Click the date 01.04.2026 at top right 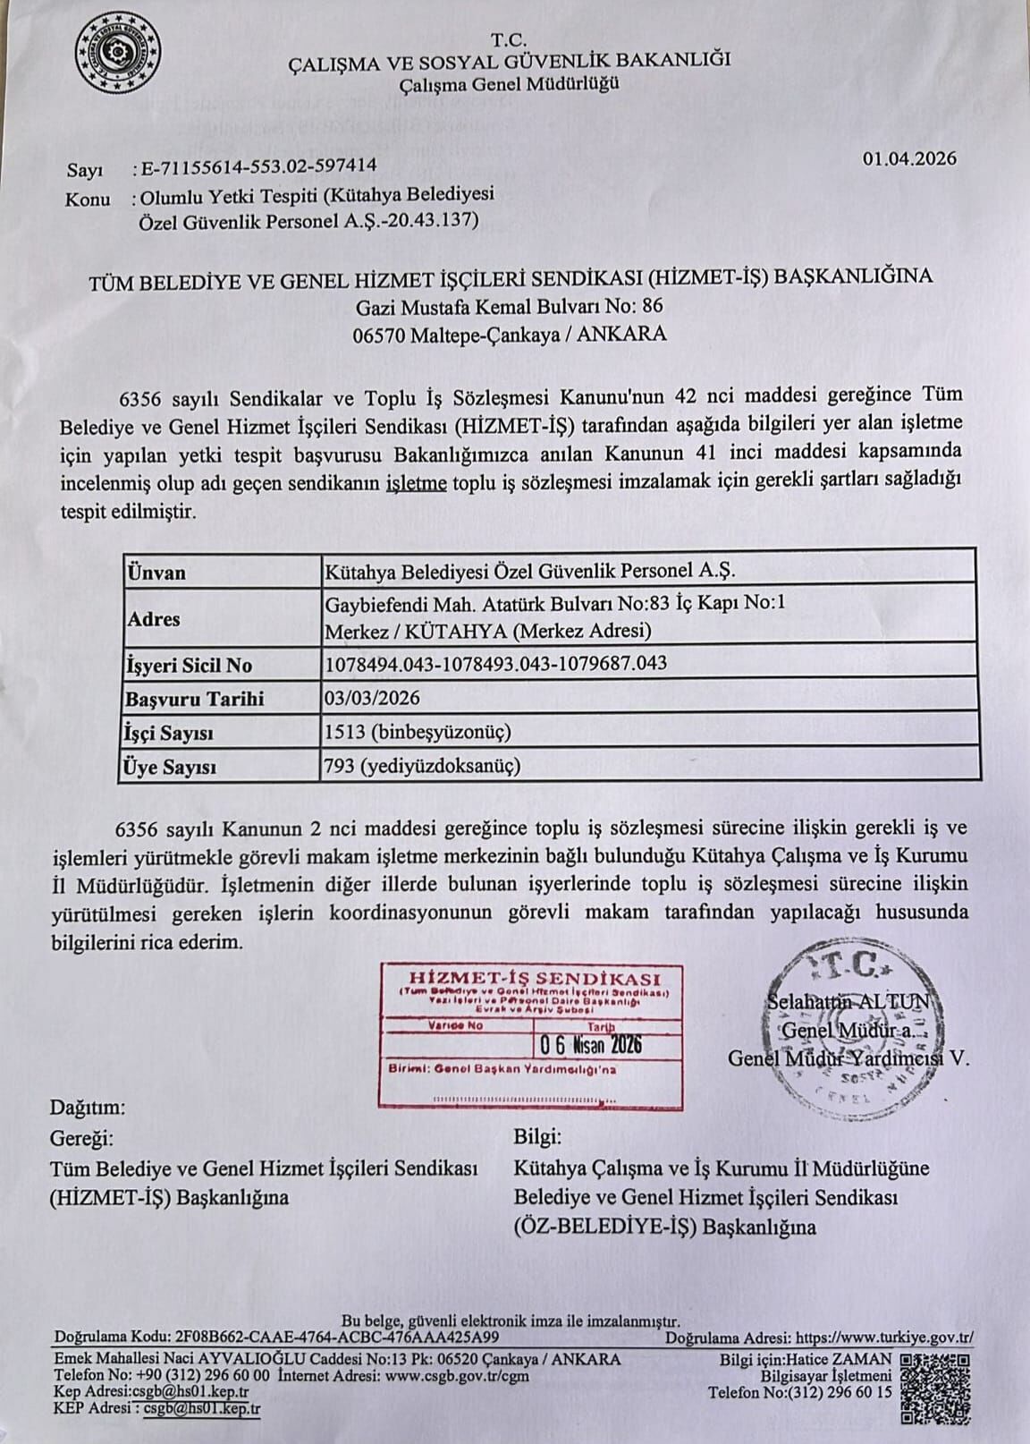pyautogui.click(x=909, y=158)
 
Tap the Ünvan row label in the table pyautogui.click(x=156, y=572)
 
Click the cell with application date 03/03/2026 pyautogui.click(x=372, y=698)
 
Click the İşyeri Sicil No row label pyautogui.click(x=190, y=665)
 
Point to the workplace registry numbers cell pyautogui.click(x=495, y=663)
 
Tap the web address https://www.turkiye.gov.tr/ pyautogui.click(x=884, y=1338)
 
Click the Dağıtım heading pyautogui.click(x=88, y=1107)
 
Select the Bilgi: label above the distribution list pyautogui.click(x=538, y=1137)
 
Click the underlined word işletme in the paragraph pyautogui.click(x=416, y=483)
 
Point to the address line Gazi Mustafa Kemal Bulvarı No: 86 pyautogui.click(x=510, y=305)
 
